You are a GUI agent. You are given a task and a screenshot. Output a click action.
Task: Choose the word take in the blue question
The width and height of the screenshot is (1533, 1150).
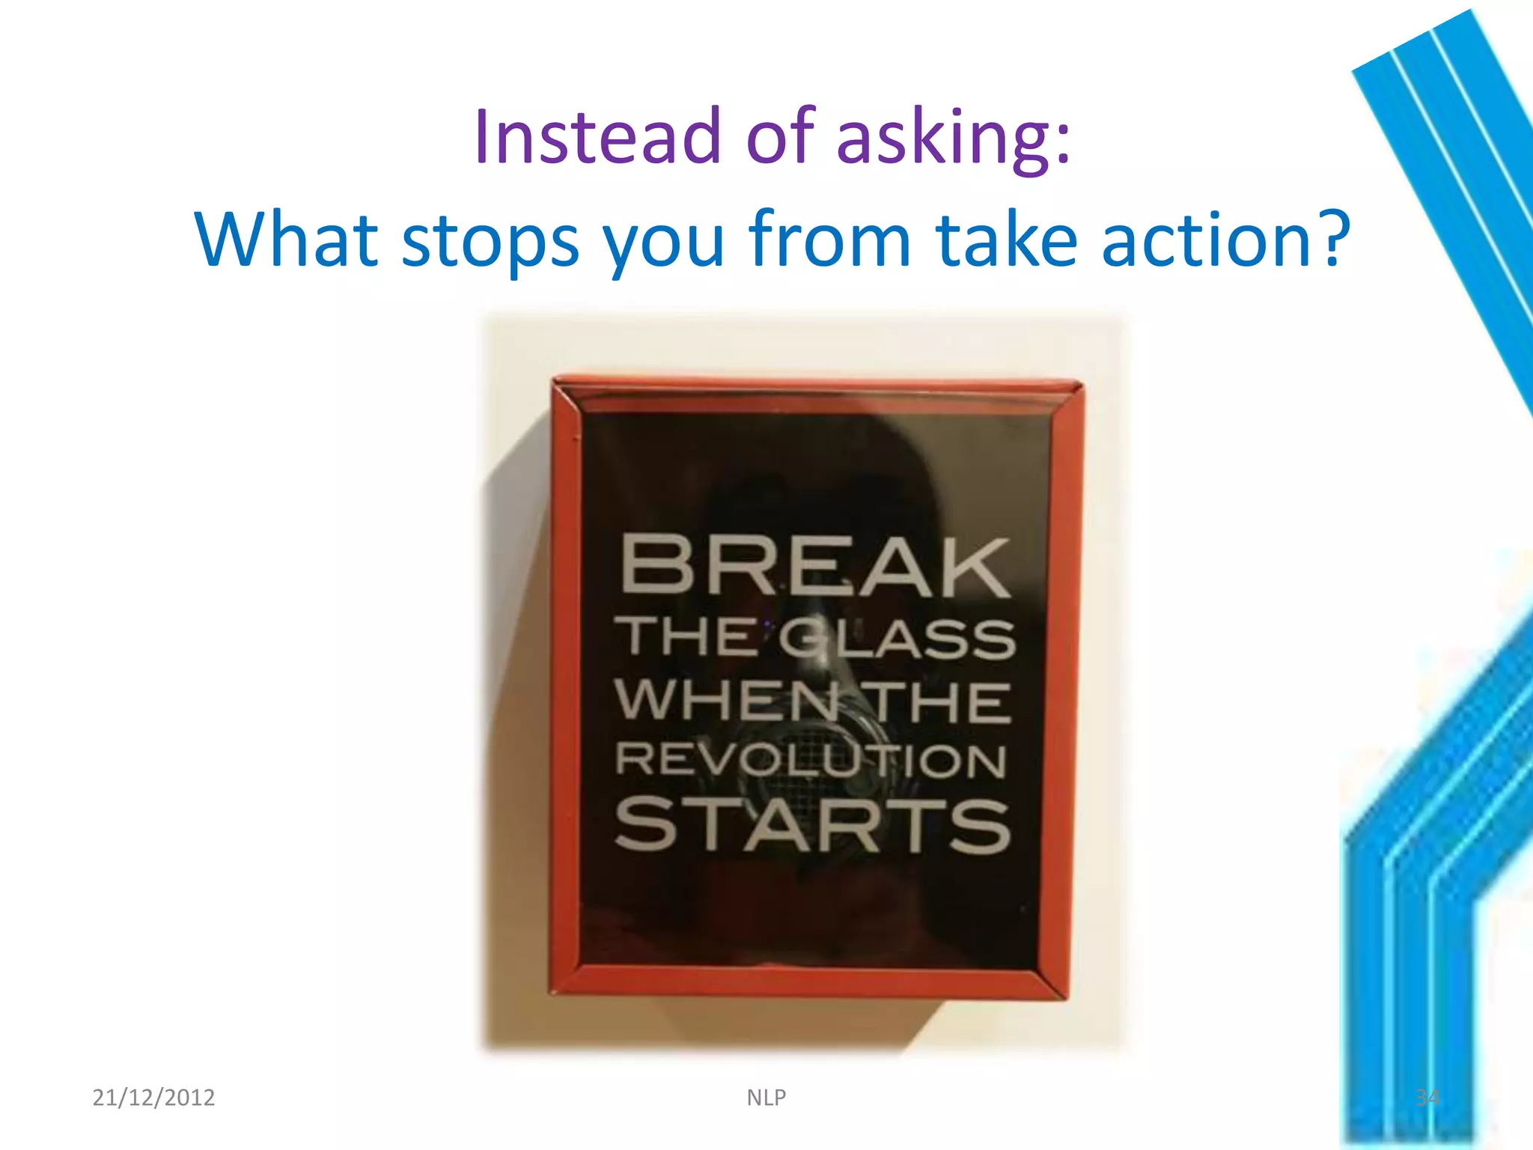[1007, 240]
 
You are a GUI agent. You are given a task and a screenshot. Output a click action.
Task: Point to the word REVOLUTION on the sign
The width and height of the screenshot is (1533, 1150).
[811, 761]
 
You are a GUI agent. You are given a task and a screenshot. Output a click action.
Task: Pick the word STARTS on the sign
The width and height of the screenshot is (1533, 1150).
[812, 824]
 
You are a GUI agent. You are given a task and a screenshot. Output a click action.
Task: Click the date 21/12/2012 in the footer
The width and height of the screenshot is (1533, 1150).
[153, 1098]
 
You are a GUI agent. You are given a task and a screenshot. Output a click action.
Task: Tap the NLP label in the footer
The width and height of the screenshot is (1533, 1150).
[766, 1098]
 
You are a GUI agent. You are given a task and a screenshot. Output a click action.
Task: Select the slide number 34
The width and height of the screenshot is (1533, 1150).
[1427, 1098]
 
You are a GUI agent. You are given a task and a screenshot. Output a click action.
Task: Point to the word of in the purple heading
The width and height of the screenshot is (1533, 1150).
[779, 137]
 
